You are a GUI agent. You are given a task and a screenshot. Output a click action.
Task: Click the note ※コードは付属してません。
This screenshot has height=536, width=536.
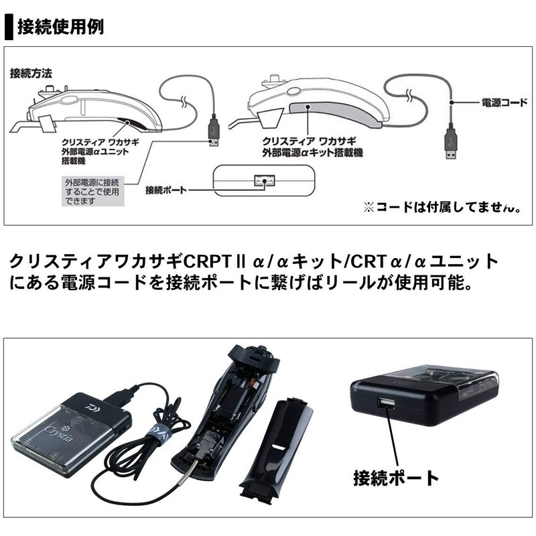(x=442, y=208)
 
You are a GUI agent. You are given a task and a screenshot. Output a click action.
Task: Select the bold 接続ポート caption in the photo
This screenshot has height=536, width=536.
(x=396, y=478)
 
